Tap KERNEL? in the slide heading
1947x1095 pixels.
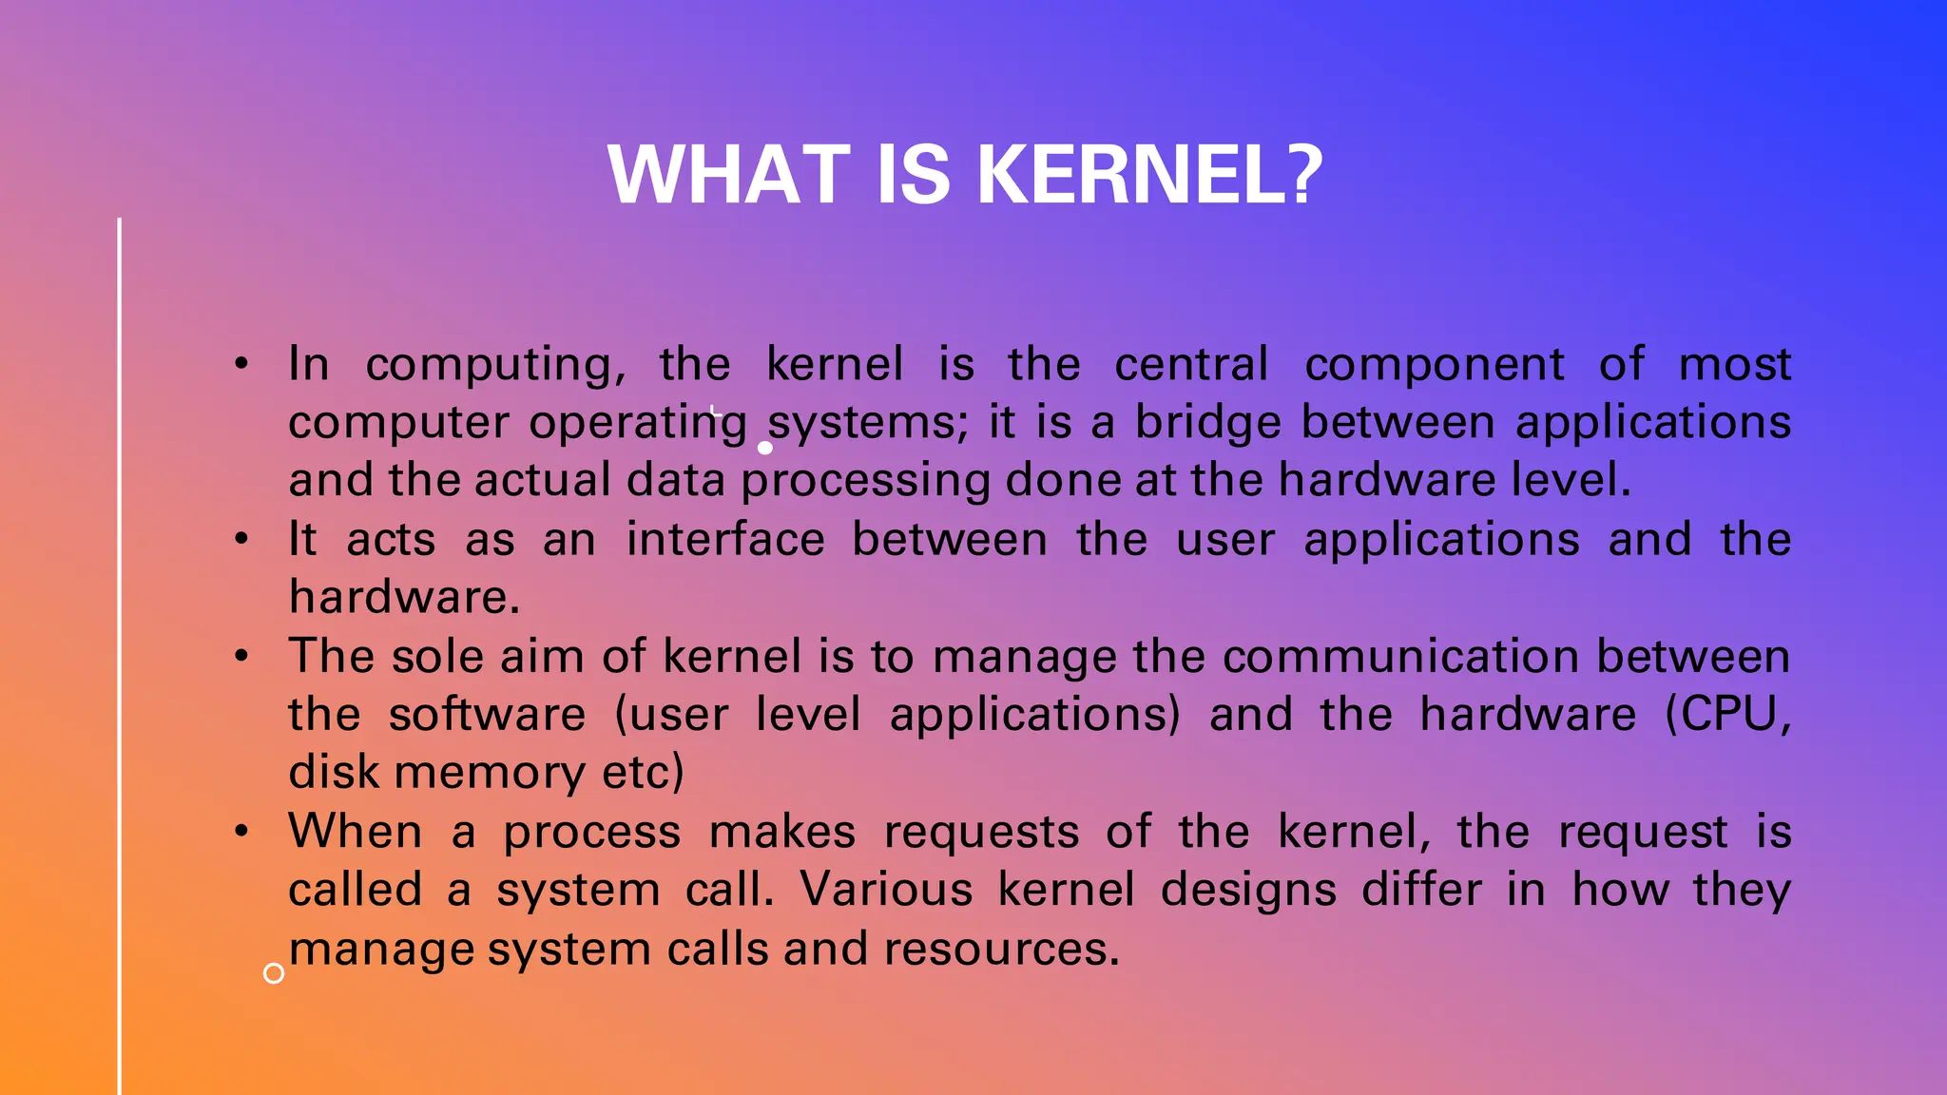coord(1149,175)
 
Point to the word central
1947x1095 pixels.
coord(1191,364)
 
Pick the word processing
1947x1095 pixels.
coord(865,481)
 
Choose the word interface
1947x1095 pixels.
coord(725,539)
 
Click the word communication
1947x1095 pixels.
coord(1402,656)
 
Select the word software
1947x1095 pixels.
coord(487,714)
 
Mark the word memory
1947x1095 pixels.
coord(490,773)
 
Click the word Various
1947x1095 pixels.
coord(886,890)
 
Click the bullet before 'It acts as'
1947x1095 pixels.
coord(242,539)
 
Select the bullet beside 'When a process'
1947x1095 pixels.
coord(242,832)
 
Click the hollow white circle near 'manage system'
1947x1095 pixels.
coord(274,973)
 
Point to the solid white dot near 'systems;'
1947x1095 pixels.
coord(765,448)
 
